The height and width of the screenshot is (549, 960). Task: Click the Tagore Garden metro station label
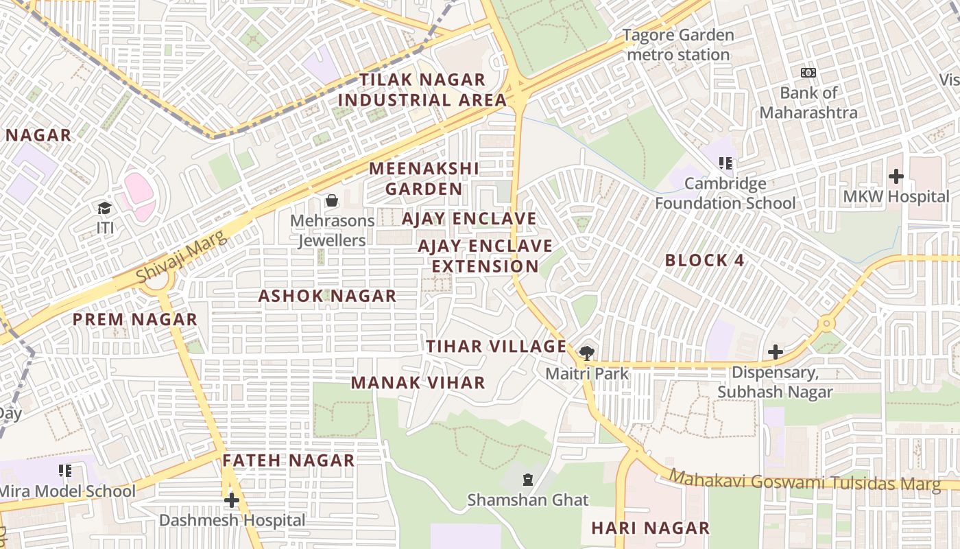(678, 45)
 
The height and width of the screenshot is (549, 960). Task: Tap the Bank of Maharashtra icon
(808, 73)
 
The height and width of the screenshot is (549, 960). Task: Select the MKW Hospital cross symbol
(896, 176)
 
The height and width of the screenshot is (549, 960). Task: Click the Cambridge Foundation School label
(725, 194)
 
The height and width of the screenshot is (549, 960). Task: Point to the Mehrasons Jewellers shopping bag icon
(332, 200)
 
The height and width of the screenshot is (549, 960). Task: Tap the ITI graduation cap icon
(104, 208)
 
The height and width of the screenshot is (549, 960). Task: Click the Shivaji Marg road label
(180, 257)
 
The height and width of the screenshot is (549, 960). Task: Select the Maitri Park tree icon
(586, 353)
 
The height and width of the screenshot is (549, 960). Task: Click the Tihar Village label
(496, 347)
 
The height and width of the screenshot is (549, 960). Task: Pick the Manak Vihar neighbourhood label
(418, 383)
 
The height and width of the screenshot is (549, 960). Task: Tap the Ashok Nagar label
(327, 296)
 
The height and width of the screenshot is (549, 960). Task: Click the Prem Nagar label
(135, 320)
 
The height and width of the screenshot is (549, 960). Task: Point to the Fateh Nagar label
(289, 460)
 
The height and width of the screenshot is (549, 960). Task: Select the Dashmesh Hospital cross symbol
(232, 500)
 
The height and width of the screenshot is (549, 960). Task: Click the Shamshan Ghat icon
(528, 479)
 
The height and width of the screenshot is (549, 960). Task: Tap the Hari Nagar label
(650, 528)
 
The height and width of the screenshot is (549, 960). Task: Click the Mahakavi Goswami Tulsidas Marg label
(804, 481)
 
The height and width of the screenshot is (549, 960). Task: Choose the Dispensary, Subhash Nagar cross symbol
(776, 352)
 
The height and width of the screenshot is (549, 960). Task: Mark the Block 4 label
(704, 261)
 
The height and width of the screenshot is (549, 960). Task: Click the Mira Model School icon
(65, 471)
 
